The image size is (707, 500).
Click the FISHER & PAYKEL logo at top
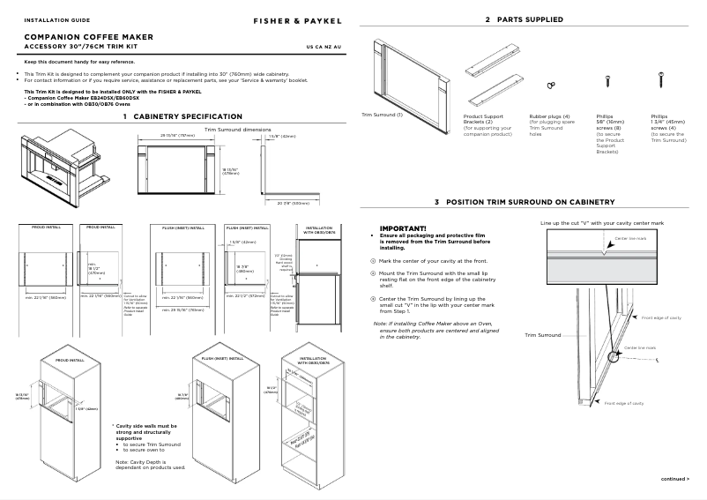(x=293, y=19)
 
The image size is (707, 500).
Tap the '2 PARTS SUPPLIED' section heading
(x=524, y=19)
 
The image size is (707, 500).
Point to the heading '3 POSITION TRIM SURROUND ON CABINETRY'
(x=524, y=202)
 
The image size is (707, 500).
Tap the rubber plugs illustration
(x=551, y=84)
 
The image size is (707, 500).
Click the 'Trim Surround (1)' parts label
(x=383, y=115)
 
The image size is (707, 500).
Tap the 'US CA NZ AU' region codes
(x=324, y=46)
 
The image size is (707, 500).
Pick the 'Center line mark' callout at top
(x=629, y=238)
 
